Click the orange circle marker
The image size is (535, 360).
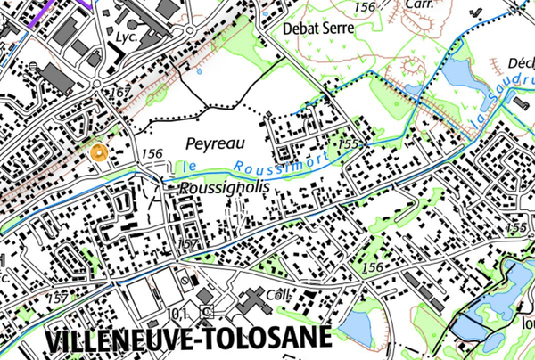tap(100, 151)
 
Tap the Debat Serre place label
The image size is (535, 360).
tap(318, 28)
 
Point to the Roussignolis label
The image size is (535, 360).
tap(212, 190)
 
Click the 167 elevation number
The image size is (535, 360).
tap(120, 92)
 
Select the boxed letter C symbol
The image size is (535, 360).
tap(207, 312)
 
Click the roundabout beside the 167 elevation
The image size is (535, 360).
tap(97, 86)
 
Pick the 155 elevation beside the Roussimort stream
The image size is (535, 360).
tap(348, 143)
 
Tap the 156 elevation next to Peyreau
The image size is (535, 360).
tap(152, 153)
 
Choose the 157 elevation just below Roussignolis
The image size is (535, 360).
tap(186, 242)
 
